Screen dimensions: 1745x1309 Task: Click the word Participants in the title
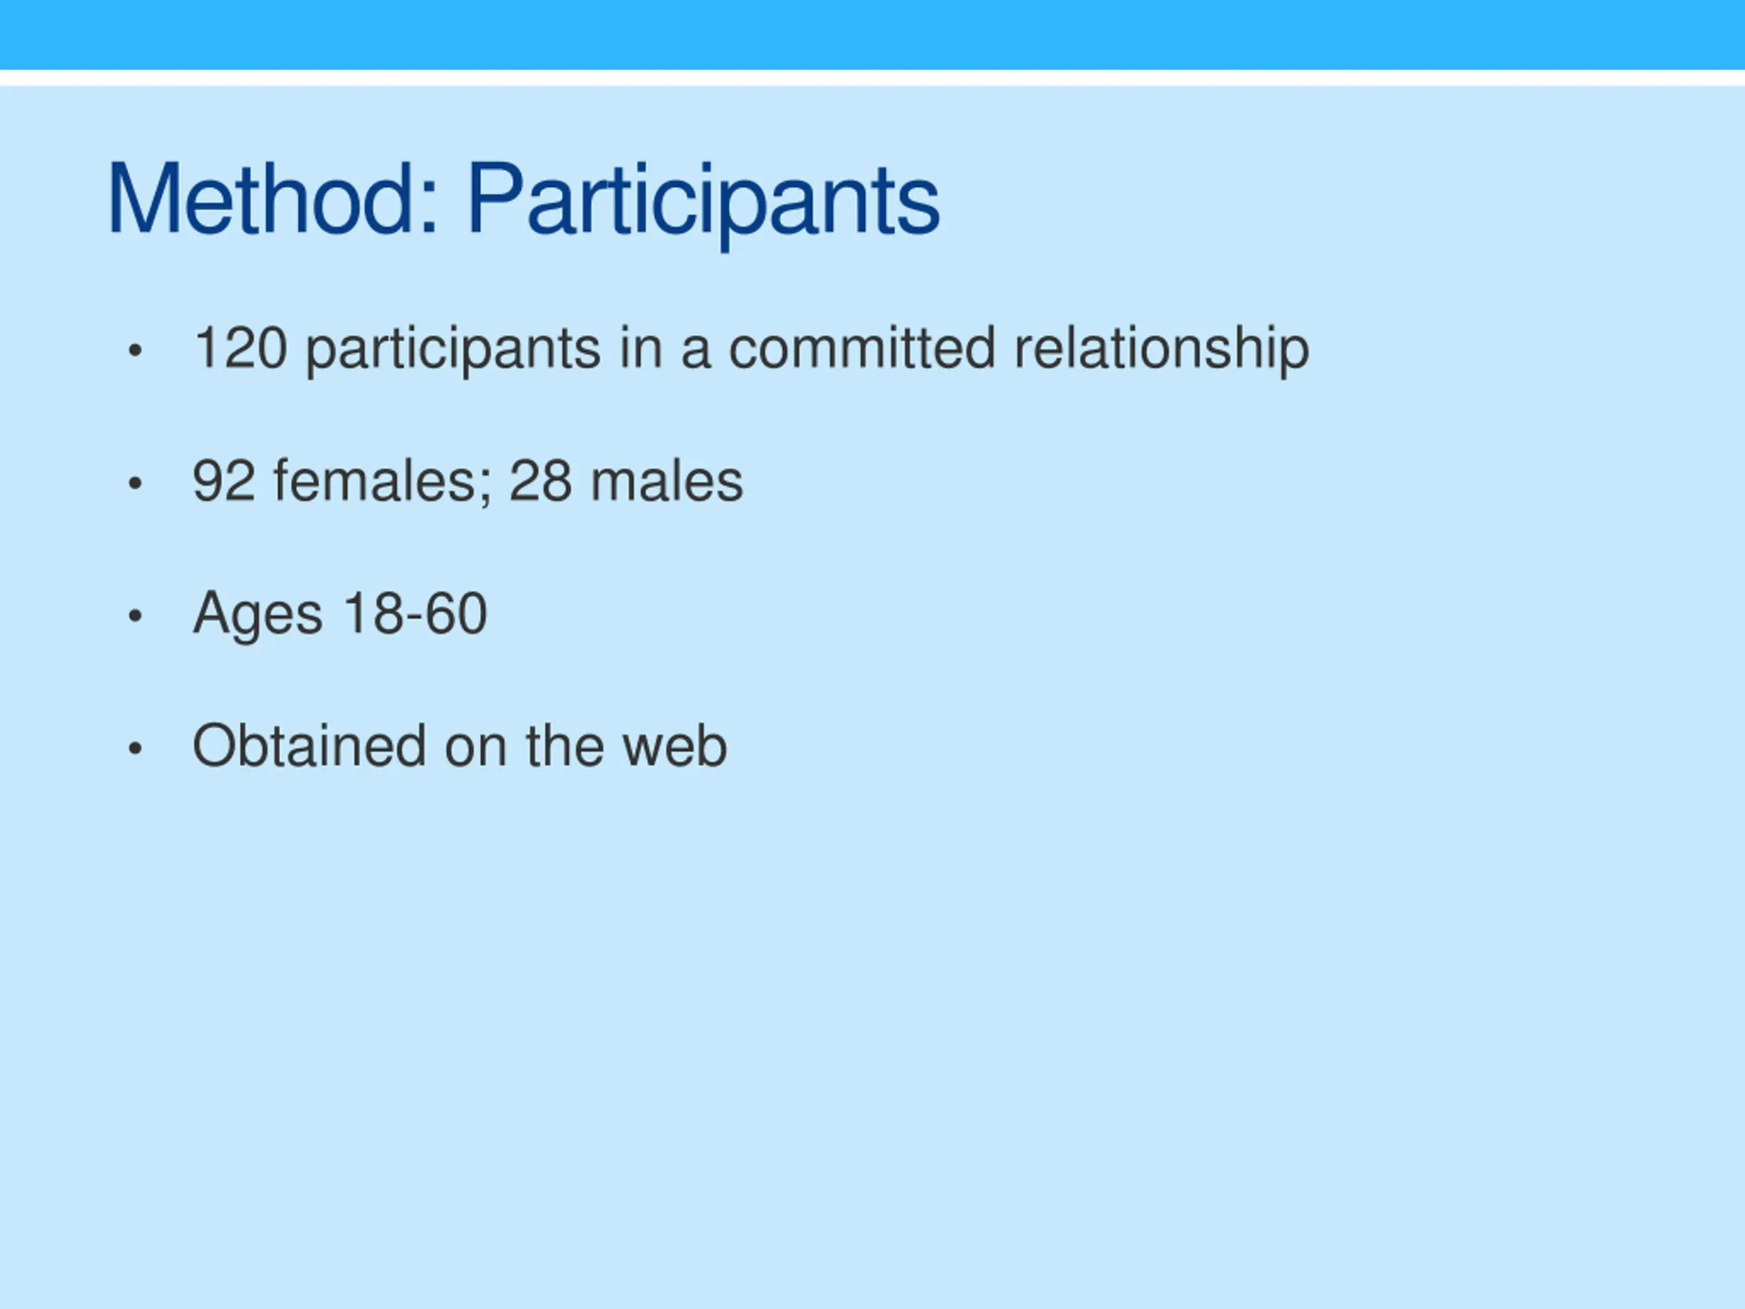[703, 205]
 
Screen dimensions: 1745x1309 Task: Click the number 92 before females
[224, 481]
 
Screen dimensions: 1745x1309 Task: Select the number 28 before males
[541, 481]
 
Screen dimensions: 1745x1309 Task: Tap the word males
[667, 481]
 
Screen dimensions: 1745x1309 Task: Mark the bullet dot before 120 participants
[135, 350]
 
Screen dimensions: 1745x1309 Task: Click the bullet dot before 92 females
[135, 483]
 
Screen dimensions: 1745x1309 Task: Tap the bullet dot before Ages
[135, 616]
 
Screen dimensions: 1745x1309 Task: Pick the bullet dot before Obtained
[135, 748]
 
